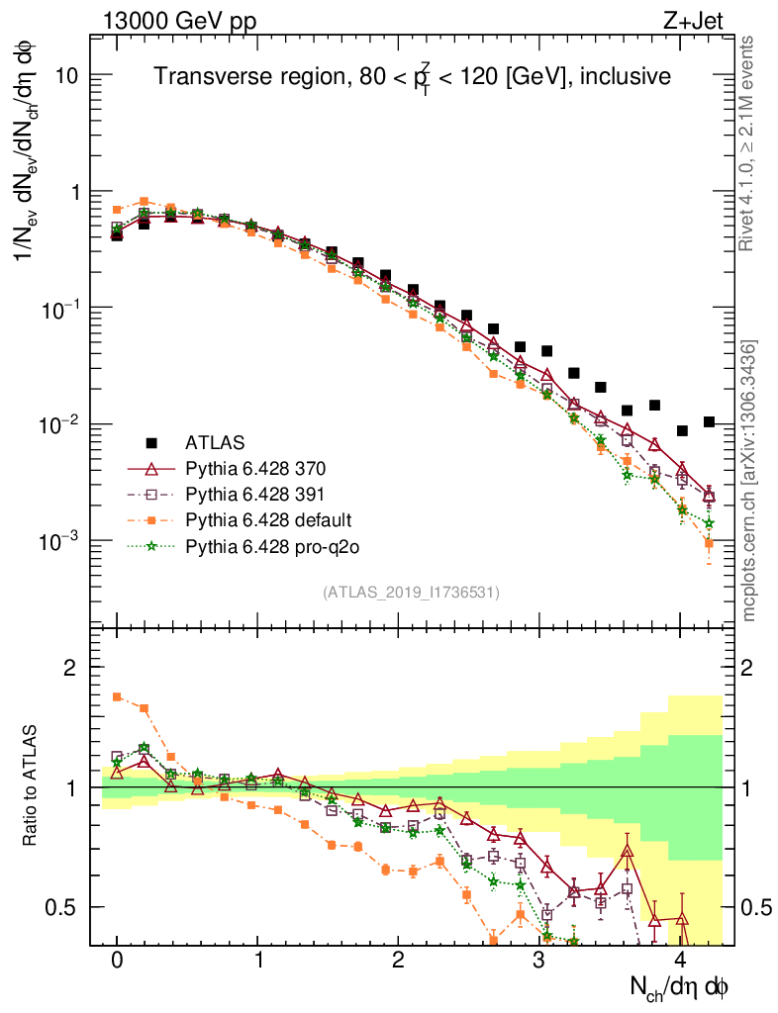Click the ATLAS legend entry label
214,441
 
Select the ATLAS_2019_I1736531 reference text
411,593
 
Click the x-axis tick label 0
117,961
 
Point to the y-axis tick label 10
67,76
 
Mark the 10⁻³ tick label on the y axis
59,541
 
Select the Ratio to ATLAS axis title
32,786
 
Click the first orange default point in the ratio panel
117,696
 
